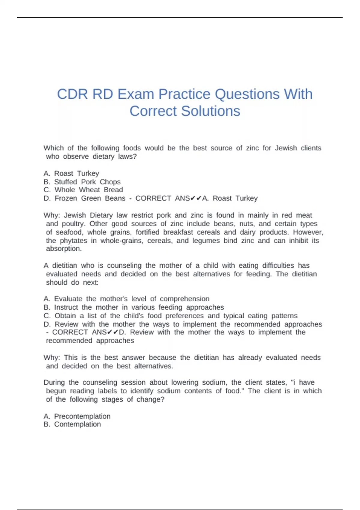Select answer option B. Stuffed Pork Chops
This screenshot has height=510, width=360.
[x=82, y=182]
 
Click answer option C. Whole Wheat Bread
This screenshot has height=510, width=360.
[x=83, y=190]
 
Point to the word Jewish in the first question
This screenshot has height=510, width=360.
[x=286, y=148]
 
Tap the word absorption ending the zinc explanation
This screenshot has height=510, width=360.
[x=63, y=249]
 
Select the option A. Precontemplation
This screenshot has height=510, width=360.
[x=77, y=416]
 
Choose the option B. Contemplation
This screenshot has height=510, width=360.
[x=72, y=424]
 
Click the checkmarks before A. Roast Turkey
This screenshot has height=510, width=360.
[x=196, y=198]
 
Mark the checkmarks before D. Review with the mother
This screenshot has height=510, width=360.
[x=112, y=332]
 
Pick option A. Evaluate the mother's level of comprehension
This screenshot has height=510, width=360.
[x=126, y=299]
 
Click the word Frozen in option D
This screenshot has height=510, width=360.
[x=66, y=198]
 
